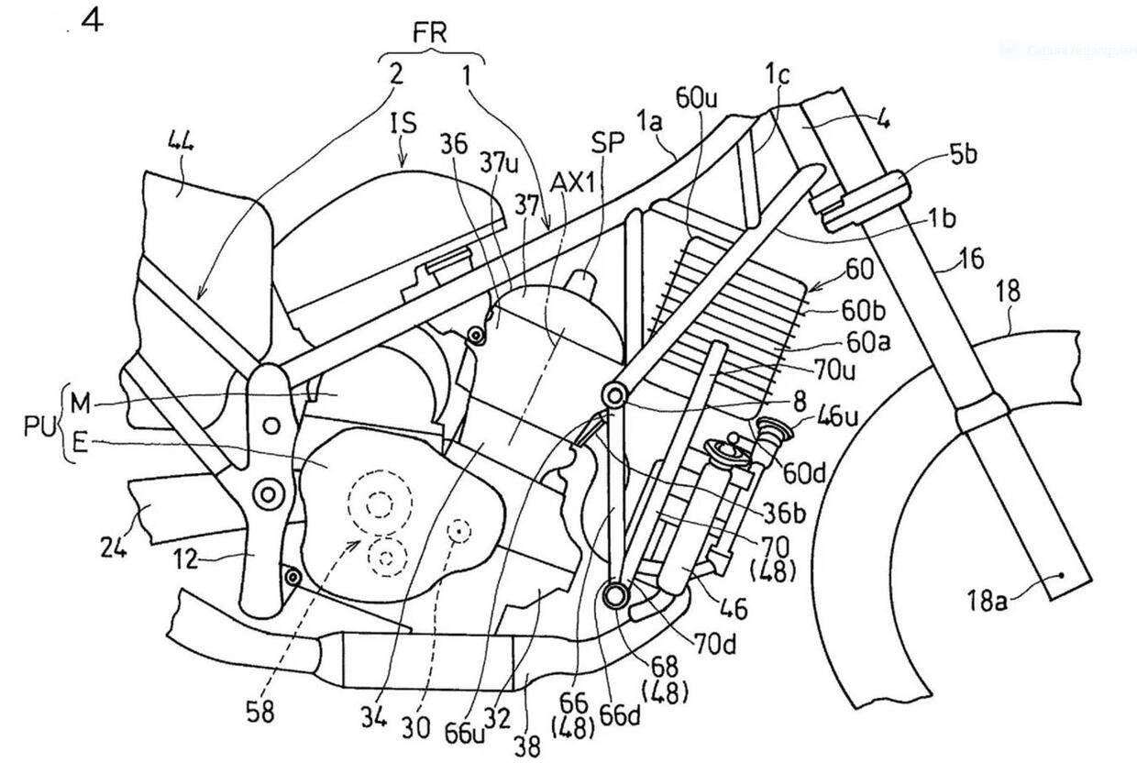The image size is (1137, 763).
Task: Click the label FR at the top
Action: pos(429,34)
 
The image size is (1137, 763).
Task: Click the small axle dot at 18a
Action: pos(1060,576)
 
